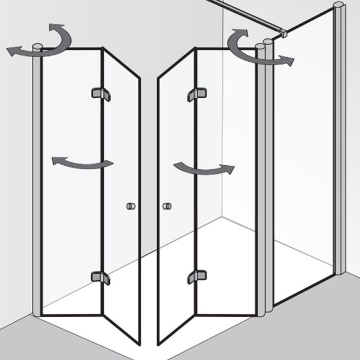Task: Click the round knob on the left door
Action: coord(130,206)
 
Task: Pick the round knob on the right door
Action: coord(167,206)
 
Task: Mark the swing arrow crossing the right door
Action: coord(203,169)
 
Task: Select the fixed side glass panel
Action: coord(306,160)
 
